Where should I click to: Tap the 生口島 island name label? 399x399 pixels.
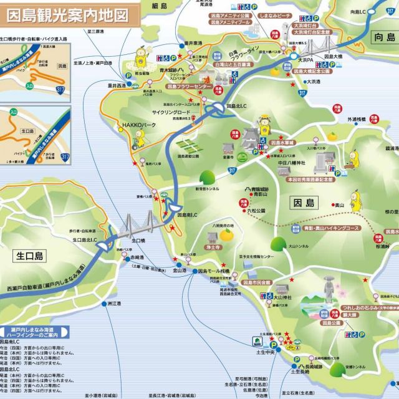[30, 256]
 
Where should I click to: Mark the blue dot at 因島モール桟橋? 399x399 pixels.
[193, 272]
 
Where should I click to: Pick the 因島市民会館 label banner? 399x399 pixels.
[257, 282]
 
